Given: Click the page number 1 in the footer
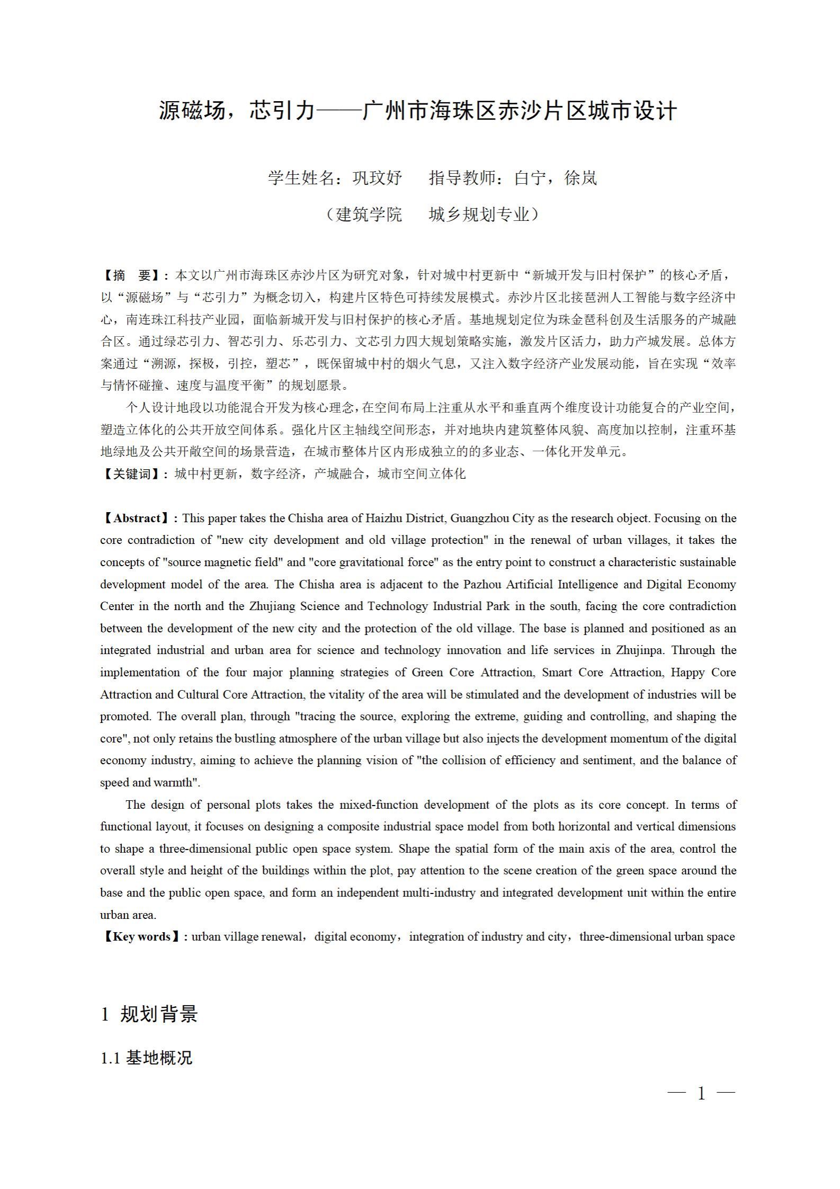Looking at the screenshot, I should (701, 1093).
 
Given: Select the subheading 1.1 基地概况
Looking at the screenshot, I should (146, 1058).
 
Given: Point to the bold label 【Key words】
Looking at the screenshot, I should (141, 936).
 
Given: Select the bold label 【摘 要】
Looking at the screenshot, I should (132, 275).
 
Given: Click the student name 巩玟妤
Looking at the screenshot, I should (377, 178).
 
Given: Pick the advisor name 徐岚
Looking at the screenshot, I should (581, 178).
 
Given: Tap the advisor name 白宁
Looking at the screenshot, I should (530, 178).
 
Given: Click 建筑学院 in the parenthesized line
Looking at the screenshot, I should (369, 214).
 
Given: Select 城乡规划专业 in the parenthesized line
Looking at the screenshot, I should (479, 214).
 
